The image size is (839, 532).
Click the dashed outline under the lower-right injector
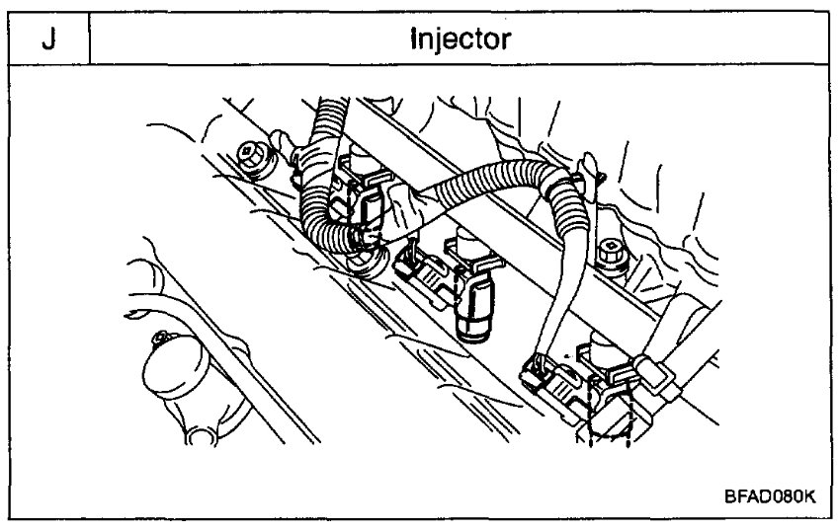click(x=605, y=419)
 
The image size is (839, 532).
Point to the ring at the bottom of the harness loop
click(x=366, y=265)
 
